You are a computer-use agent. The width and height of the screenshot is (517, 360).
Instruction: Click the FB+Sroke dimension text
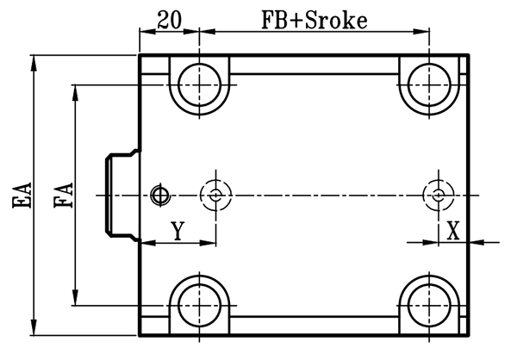tap(315, 19)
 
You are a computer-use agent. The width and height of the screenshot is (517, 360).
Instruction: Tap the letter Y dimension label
tap(177, 231)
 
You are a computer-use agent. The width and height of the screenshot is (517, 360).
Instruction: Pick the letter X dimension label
tap(453, 231)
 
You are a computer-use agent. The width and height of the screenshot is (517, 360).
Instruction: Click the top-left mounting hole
tap(200, 84)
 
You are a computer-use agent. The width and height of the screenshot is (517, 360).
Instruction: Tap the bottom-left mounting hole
tap(200, 305)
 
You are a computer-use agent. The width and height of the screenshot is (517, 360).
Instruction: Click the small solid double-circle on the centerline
tap(158, 196)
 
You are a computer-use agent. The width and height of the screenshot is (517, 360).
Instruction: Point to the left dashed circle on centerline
tap(214, 196)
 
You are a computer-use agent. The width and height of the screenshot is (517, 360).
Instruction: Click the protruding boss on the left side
tap(119, 196)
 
